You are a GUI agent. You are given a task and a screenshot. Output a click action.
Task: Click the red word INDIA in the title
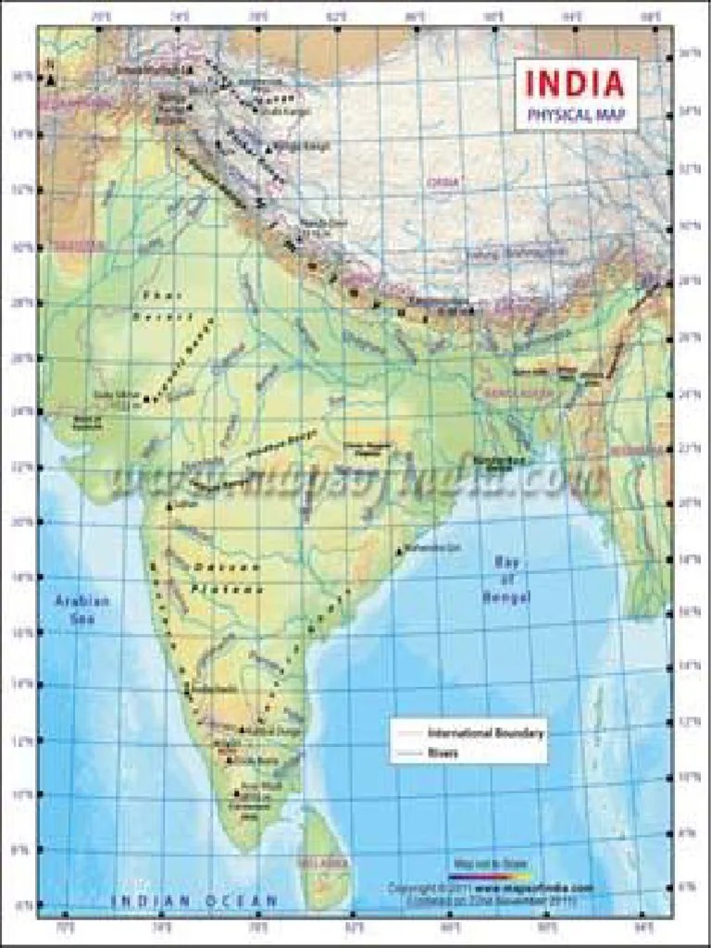pos(576,82)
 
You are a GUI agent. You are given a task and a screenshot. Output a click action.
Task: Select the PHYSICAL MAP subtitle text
pos(576,116)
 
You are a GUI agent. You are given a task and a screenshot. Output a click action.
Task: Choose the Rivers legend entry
pos(443,753)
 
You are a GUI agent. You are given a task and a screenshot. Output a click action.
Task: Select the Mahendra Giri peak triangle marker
pos(399,552)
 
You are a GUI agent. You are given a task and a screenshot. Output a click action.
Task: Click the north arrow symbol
pos(49,78)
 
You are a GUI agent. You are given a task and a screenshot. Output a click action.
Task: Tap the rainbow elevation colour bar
pos(491,873)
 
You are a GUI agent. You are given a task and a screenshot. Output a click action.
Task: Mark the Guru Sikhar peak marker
pos(146,399)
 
